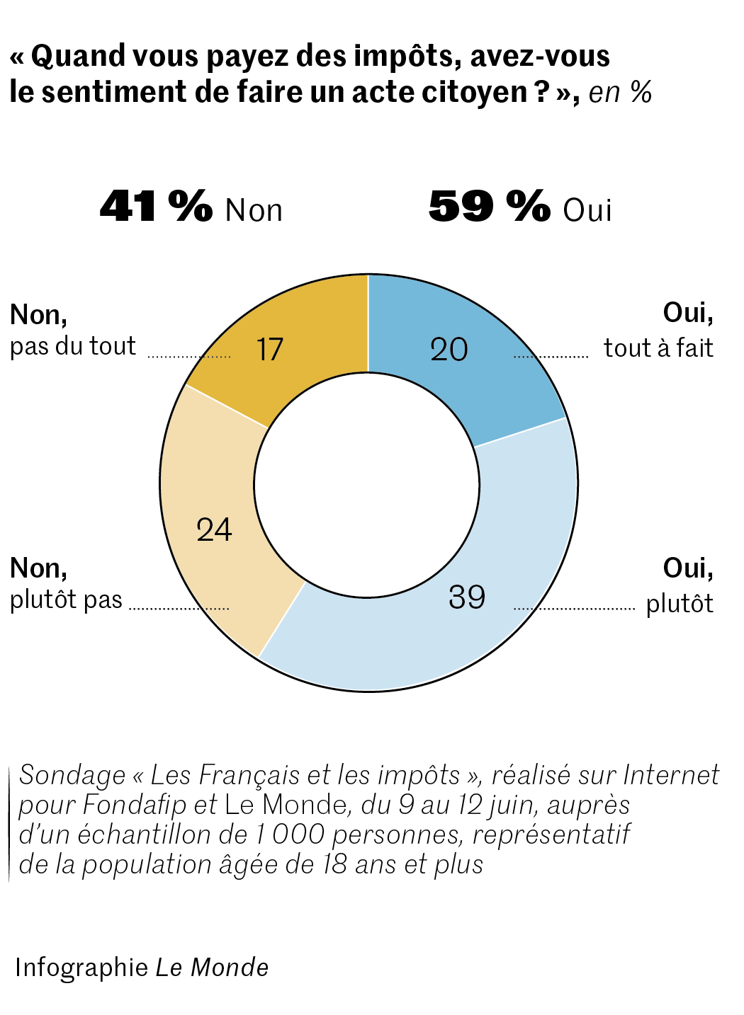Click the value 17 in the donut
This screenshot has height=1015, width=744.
269,350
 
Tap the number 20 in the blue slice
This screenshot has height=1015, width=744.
449,350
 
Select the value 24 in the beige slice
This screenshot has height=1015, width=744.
214,529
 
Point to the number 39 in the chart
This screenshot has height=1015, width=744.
467,597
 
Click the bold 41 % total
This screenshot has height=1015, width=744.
156,207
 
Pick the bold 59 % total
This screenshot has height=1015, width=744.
490,207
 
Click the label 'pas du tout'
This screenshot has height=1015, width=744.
72,346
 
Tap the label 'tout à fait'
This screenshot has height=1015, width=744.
658,348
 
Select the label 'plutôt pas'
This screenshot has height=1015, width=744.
66,600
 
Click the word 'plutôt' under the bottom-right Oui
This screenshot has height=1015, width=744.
679,604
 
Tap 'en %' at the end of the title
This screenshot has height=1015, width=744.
620,93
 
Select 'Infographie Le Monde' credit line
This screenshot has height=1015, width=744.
142,967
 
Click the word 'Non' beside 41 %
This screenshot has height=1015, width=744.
254,211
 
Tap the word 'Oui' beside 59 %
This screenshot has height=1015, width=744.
587,211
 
